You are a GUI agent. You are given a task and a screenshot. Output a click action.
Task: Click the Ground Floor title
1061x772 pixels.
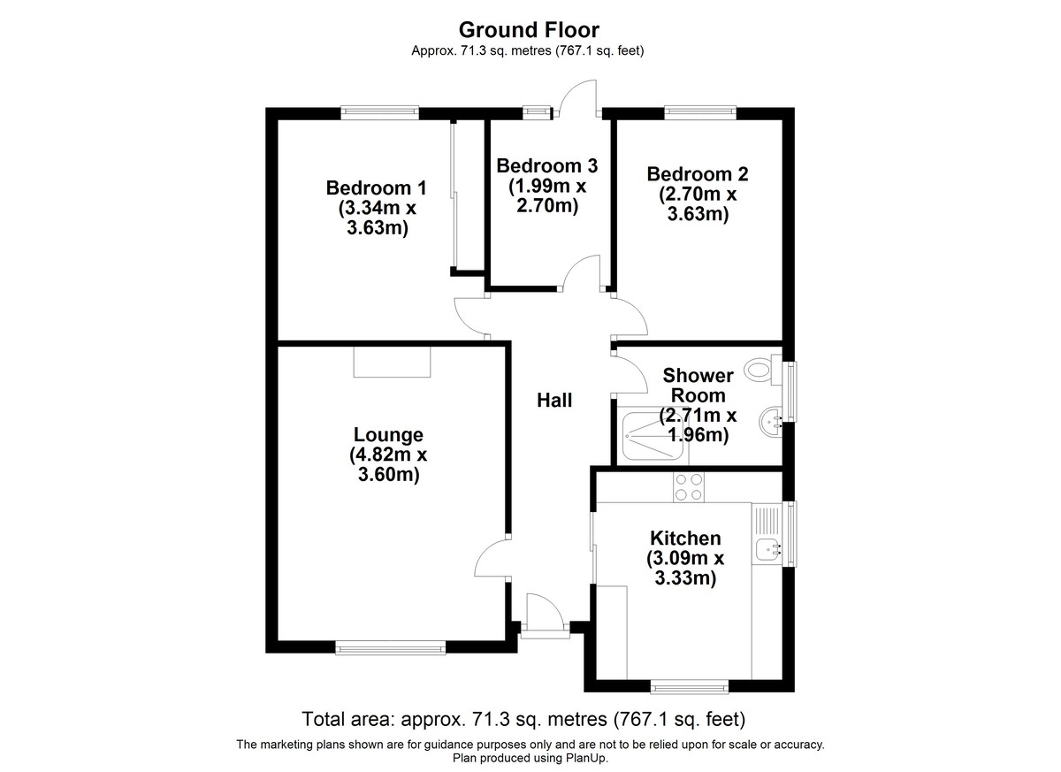coord(529,30)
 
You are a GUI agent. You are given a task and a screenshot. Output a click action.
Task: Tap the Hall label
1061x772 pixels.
coord(554,401)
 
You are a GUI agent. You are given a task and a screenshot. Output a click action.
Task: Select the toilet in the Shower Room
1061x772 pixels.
coord(762,370)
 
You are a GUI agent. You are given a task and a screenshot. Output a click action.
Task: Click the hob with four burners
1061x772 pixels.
coord(688,487)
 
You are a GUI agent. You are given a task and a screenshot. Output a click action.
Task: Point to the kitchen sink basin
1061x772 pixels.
coord(768,550)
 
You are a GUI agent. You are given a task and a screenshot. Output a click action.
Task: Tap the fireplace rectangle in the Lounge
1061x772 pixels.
coord(392,362)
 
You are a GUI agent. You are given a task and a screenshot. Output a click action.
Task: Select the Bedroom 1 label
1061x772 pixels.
coord(376,188)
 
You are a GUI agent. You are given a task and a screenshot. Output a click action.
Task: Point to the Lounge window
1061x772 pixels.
coord(390,647)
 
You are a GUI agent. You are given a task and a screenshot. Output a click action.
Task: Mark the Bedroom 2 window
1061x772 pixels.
coord(700,112)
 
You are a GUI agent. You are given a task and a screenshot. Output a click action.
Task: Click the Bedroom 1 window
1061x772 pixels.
coord(379,112)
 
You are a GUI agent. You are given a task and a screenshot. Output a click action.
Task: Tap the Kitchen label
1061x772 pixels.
coord(685,539)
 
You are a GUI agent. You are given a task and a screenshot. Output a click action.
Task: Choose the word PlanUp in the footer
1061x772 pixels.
coord(586,758)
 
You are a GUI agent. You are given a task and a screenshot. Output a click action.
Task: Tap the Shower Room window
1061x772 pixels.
coord(790,392)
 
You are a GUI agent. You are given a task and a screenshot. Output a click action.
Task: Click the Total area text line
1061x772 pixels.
coord(523,719)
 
